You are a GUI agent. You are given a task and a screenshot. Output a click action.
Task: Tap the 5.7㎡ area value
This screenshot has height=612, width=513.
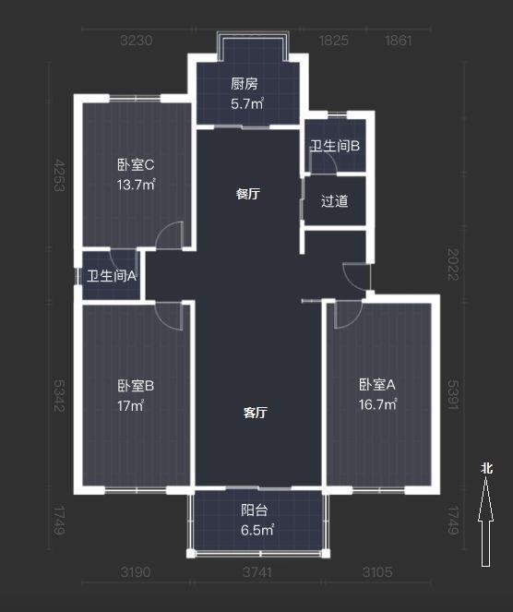coord(246,104)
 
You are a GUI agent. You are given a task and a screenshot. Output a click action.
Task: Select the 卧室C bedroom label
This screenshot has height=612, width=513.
coord(135,165)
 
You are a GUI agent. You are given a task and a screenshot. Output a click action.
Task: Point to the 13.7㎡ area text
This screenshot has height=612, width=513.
coord(135,184)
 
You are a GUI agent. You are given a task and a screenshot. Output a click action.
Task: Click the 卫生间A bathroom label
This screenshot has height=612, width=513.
coord(112,275)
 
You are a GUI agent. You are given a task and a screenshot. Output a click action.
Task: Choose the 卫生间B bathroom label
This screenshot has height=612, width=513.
coord(334,146)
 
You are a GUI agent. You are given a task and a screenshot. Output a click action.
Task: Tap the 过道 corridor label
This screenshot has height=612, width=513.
coord(334,200)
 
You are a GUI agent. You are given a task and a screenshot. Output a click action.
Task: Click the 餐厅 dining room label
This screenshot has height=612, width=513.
coord(246,195)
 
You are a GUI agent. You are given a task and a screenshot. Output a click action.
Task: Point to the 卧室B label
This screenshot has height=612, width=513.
coord(135,386)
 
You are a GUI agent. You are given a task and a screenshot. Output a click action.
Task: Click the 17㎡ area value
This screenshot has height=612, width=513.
coord(130,405)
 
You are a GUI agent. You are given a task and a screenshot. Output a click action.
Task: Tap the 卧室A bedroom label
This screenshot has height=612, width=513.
coord(377,384)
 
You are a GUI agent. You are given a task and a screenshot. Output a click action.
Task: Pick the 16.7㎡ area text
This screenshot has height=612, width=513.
coord(377,403)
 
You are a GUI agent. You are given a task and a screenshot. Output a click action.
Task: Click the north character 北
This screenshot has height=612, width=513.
coord(486,468)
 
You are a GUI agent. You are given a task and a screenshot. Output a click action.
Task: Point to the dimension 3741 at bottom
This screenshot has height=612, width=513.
coord(257,572)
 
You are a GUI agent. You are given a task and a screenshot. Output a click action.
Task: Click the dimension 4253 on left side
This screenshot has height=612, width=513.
coord(59,174)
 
